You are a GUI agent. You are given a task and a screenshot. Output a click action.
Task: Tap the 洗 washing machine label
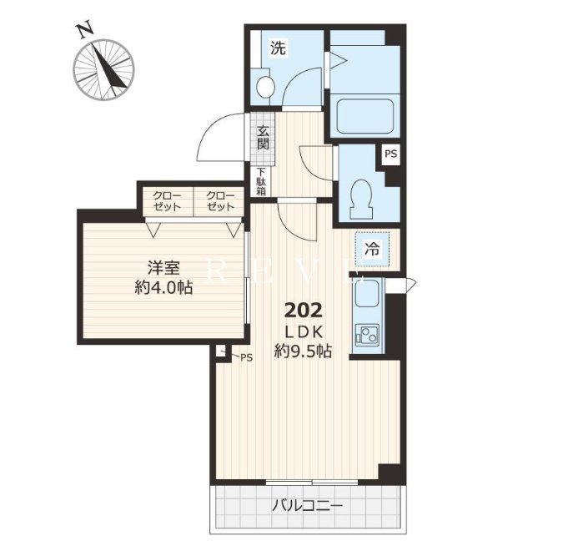point(279,48)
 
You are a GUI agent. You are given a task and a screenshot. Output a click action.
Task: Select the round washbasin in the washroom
point(265,87)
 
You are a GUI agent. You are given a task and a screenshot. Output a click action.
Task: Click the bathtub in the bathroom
point(365,116)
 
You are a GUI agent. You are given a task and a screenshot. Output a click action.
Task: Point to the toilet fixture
point(361,199)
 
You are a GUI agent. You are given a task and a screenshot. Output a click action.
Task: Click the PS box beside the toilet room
point(391,154)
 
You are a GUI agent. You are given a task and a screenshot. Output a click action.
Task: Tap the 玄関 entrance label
point(263,138)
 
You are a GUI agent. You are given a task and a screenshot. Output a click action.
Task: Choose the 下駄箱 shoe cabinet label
point(261,182)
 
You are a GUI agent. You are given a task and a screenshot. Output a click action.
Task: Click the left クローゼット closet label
point(167,201)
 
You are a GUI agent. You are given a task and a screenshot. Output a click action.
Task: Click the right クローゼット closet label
point(220,201)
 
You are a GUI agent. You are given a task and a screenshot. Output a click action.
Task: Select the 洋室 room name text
point(163,268)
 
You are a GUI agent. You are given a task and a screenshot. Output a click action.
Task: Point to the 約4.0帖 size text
point(163,287)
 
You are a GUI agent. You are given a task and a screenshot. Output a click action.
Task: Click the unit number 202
point(304,311)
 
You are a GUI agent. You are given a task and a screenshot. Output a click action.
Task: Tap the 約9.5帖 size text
point(303,351)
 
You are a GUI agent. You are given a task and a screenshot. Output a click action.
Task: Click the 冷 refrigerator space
point(372,249)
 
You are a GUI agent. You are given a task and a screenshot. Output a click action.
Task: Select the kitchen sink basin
point(367,293)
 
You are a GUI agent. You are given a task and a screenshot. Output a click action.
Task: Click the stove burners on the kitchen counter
point(367,334)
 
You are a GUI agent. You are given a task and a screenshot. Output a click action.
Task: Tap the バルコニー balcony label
point(308,505)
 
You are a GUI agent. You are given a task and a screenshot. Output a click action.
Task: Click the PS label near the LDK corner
point(246,357)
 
